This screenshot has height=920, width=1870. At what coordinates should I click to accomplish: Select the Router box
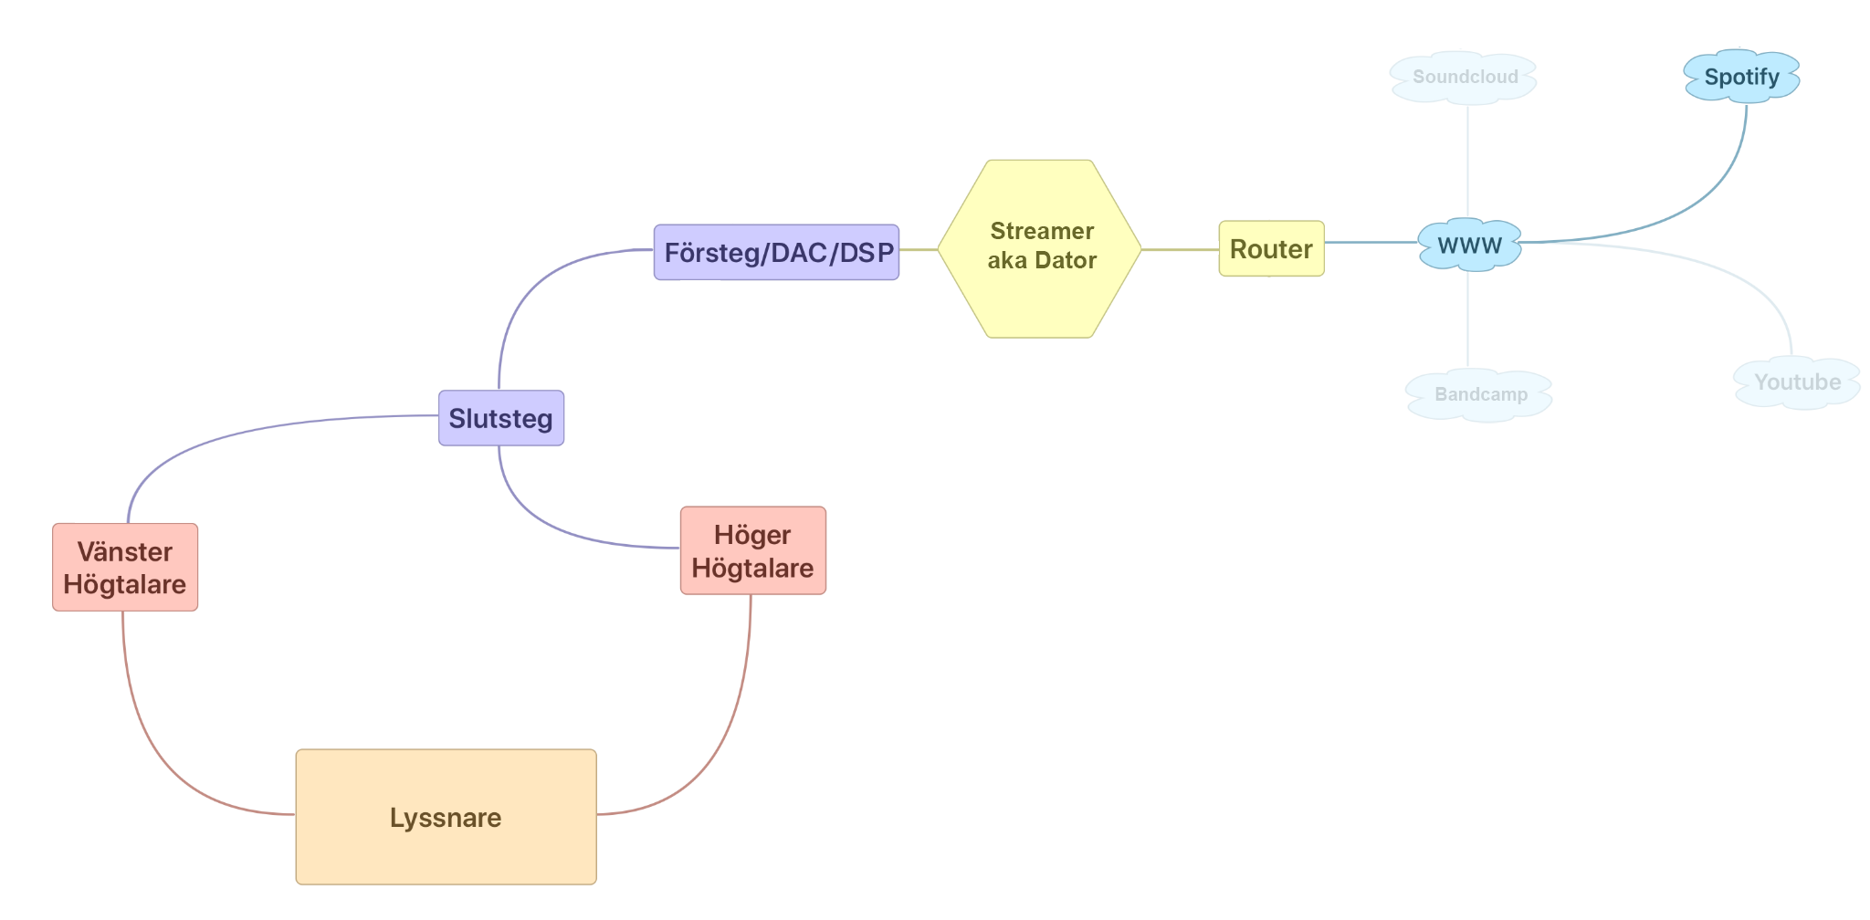coord(1271,248)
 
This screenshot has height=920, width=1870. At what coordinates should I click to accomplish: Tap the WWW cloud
coord(1469,245)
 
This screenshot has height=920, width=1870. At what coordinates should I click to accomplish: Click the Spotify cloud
coord(1741,77)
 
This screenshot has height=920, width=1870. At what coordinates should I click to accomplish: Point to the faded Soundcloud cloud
coord(1465,78)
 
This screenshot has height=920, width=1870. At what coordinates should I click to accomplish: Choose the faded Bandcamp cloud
coord(1479,394)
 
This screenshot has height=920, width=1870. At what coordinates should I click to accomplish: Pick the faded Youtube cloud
coord(1796,382)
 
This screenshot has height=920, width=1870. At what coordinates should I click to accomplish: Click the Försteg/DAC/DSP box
coord(776,252)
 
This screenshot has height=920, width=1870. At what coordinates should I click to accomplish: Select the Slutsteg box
coord(501,418)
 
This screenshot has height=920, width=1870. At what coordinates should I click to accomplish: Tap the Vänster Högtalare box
coord(125,567)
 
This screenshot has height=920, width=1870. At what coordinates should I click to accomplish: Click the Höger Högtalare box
coord(752,550)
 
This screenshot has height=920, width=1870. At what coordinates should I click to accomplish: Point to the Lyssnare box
coord(446,817)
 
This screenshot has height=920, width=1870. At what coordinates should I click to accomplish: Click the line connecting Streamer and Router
coord(1180,249)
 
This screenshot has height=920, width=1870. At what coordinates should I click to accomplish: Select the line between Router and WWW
coord(1370,243)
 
